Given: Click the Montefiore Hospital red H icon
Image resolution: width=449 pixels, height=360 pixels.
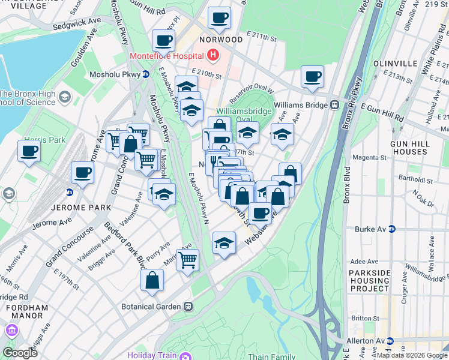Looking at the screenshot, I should point(212,56).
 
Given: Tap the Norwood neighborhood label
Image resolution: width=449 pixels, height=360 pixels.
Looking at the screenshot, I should point(220,40).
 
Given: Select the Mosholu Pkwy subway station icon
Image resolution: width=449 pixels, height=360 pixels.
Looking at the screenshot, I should point(145,74).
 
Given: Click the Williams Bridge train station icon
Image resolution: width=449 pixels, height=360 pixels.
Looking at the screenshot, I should point(334,104).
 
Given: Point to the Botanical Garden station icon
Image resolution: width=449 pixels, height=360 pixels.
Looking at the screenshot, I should point(188,306).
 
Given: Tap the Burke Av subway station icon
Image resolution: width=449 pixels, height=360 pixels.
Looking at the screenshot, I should point(392,229).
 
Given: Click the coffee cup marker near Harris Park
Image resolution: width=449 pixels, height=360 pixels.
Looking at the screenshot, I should point(29,151).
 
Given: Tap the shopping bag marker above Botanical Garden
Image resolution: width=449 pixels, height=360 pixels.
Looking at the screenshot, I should point(152,279).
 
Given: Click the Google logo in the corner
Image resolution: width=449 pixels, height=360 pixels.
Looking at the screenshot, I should point(20,353).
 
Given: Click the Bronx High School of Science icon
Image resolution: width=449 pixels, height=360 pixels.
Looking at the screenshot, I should point(65,96).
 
